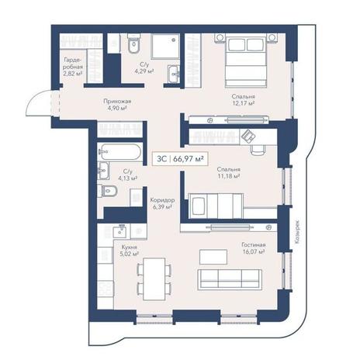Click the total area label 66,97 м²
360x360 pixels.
coord(188,158)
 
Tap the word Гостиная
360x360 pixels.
coord(254,244)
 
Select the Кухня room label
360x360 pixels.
coord(129,247)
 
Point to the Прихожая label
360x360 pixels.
coord(117,101)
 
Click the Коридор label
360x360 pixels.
coord(162,200)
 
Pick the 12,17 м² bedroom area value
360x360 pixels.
coord(243,103)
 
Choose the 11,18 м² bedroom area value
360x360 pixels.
coord(228,176)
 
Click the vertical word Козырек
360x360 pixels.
coord(297,231)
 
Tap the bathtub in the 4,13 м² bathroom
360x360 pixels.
coord(121,152)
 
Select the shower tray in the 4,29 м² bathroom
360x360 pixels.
coord(165,46)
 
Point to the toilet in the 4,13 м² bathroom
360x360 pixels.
coord(107,191)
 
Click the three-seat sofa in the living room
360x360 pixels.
coord(230,279)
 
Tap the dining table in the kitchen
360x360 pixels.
coord(154,279)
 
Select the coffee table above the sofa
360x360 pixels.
coord(213,257)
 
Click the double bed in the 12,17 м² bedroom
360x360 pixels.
coord(246,61)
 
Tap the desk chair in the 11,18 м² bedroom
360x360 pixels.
coord(258,150)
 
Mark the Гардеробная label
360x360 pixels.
coord(73,67)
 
